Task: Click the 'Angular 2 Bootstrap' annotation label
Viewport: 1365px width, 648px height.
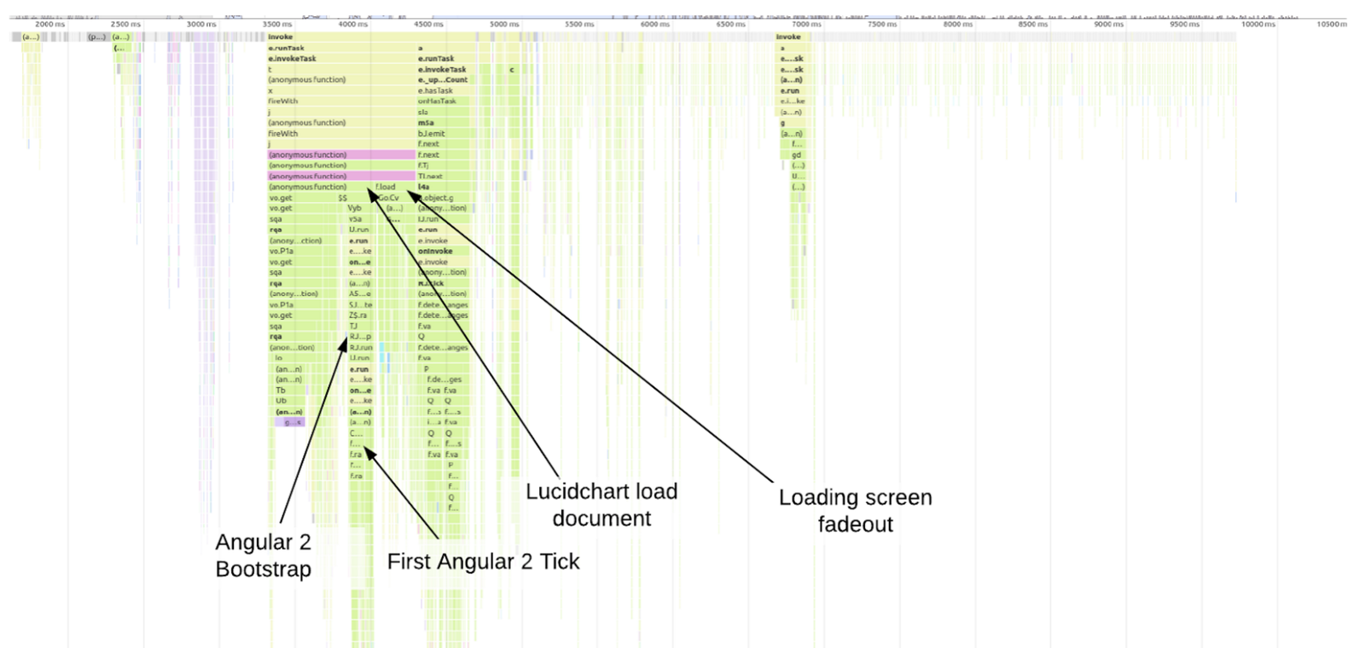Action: tap(263, 555)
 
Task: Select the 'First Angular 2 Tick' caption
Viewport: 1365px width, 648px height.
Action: tap(483, 561)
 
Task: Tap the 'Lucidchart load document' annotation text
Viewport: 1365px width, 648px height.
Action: tap(601, 505)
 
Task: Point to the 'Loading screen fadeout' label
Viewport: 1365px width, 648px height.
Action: tap(855, 510)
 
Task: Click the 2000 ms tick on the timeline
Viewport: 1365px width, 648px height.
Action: tap(49, 24)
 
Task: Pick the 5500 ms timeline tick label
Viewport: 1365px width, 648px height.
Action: tap(579, 24)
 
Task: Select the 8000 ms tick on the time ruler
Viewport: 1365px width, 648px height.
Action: tap(957, 24)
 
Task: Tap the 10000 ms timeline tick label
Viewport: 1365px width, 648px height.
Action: tap(1258, 24)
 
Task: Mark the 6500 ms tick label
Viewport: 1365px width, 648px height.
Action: tap(730, 24)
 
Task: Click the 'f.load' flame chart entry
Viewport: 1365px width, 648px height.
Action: tap(386, 187)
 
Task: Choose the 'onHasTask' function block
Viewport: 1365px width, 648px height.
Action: tap(437, 101)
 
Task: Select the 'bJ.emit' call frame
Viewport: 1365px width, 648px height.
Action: tap(431, 134)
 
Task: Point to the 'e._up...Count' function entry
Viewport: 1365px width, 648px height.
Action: tap(442, 80)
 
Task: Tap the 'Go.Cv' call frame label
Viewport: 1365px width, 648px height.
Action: tap(389, 198)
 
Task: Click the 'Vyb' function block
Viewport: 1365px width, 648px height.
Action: tap(354, 208)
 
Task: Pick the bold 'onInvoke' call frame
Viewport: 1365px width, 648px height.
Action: tap(435, 252)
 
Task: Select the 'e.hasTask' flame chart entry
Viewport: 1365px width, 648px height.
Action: tap(435, 90)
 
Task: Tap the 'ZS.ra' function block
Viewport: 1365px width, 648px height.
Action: tap(359, 315)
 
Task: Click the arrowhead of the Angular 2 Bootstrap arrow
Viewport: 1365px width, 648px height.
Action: tap(346, 344)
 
